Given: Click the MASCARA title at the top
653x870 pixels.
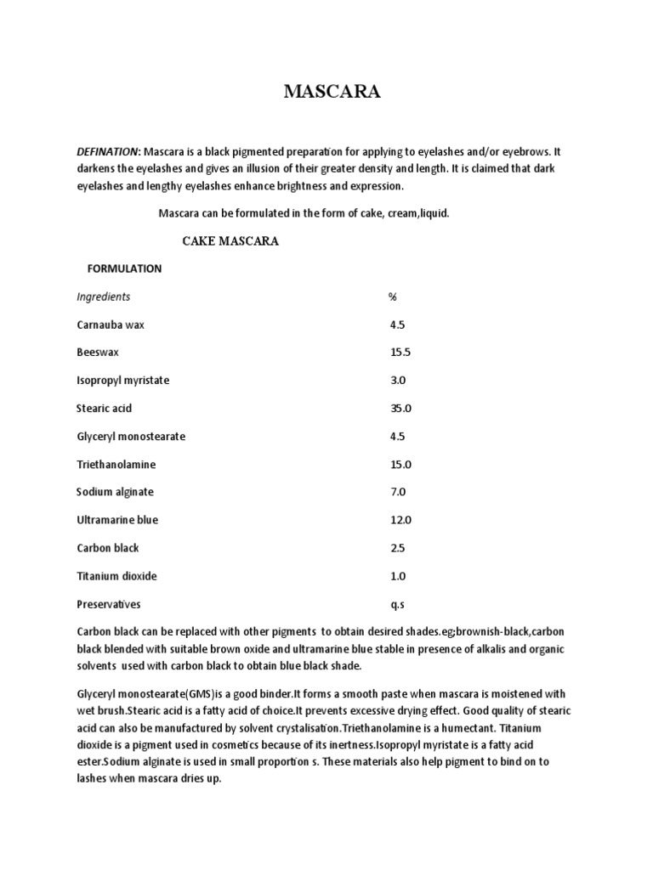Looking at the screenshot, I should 332,93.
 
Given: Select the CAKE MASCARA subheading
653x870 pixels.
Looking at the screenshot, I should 230,241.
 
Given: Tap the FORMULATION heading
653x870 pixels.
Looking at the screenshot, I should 124,268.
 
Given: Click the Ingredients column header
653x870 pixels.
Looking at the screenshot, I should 103,297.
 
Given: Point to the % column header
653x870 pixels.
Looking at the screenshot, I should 393,297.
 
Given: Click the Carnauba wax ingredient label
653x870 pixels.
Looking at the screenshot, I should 110,325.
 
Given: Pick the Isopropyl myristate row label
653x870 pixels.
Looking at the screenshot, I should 122,381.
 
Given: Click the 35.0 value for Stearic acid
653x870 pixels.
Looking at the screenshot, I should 400,409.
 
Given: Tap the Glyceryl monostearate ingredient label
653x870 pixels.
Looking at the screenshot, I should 130,437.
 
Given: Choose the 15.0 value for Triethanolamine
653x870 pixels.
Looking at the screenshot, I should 400,465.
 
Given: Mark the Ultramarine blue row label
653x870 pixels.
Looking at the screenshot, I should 116,520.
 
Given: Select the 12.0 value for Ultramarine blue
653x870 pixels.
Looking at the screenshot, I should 400,520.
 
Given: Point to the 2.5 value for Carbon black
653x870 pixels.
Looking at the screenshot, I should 398,548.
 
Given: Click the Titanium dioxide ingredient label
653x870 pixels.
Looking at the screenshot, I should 116,576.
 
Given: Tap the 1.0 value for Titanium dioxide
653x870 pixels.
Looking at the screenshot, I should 398,576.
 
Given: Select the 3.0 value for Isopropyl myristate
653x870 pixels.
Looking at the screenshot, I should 398,381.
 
